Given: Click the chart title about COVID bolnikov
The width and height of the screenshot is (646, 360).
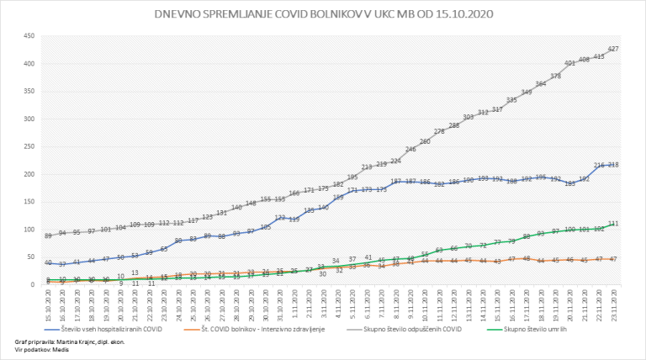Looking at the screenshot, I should point(324,13).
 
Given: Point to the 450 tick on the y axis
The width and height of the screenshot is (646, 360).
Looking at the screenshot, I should point(28,36).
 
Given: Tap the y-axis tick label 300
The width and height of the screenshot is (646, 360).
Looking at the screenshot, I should point(28,119).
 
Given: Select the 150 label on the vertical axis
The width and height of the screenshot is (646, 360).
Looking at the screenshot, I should point(28,202).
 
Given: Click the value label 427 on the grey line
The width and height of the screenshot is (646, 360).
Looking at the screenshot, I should point(613,49).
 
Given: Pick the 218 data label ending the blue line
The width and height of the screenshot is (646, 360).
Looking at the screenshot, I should point(613,165).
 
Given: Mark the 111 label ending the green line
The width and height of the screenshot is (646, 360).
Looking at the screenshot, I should point(613,224).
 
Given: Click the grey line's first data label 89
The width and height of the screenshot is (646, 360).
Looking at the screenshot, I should point(49,236).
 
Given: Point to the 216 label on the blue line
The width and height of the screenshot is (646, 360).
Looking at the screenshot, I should point(599,166).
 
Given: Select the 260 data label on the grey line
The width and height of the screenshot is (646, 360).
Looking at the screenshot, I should point(425,141).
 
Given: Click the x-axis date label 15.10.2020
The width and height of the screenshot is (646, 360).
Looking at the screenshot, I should point(49,303).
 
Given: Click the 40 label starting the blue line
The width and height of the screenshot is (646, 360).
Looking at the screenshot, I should point(49,263).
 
